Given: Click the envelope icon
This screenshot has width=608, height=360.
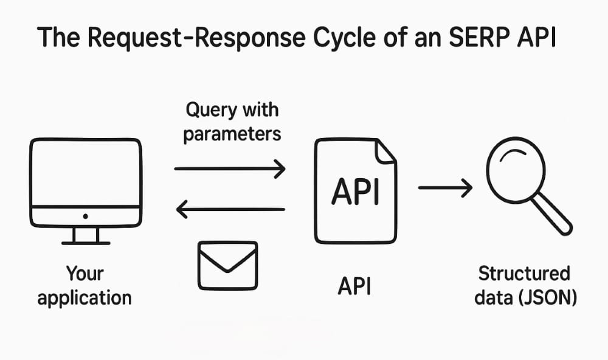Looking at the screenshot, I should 228,265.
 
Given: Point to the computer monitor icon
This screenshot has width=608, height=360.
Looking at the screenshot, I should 85,182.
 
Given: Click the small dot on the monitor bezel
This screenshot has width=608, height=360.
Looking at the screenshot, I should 85,216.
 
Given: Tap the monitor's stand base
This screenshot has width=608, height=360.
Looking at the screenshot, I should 85,242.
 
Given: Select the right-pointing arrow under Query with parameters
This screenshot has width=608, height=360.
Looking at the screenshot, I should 230,168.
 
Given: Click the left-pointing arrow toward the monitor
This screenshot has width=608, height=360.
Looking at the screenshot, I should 230,210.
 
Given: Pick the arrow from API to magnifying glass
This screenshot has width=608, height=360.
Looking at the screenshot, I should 445,189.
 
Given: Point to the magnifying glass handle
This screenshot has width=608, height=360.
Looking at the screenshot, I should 555,218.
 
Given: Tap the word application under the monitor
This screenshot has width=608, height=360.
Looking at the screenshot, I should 84,298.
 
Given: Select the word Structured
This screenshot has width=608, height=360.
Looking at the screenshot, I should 523,274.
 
